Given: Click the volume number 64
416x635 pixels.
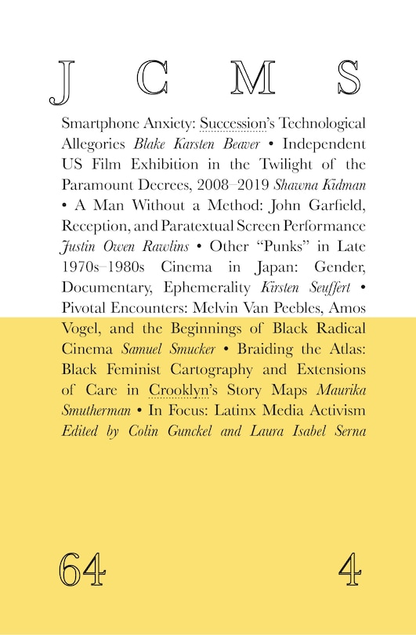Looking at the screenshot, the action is [81, 568].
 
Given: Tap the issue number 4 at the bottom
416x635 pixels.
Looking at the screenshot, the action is [350, 568].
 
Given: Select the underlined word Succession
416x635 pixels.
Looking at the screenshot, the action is [232, 124].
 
